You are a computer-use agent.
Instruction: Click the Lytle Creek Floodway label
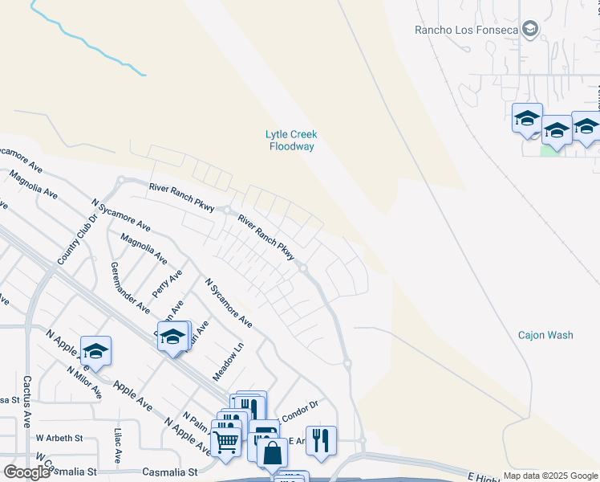(291, 141)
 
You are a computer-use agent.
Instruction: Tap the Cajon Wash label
(545, 335)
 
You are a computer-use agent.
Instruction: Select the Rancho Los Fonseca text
(464, 31)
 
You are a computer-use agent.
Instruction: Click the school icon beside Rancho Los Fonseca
(529, 31)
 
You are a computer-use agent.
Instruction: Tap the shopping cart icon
(225, 439)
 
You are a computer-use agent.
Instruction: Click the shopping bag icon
(272, 451)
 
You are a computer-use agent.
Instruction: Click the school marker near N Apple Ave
(95, 350)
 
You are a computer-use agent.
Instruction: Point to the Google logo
(26, 472)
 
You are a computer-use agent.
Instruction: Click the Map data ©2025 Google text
(550, 476)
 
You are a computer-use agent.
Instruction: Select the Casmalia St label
(170, 472)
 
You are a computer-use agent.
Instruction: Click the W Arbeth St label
(59, 439)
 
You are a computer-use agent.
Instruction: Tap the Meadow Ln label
(228, 363)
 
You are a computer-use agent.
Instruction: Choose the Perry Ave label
(167, 283)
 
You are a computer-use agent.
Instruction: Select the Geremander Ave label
(131, 288)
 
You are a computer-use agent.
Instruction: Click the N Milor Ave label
(84, 382)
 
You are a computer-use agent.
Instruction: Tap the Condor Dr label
(301, 406)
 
